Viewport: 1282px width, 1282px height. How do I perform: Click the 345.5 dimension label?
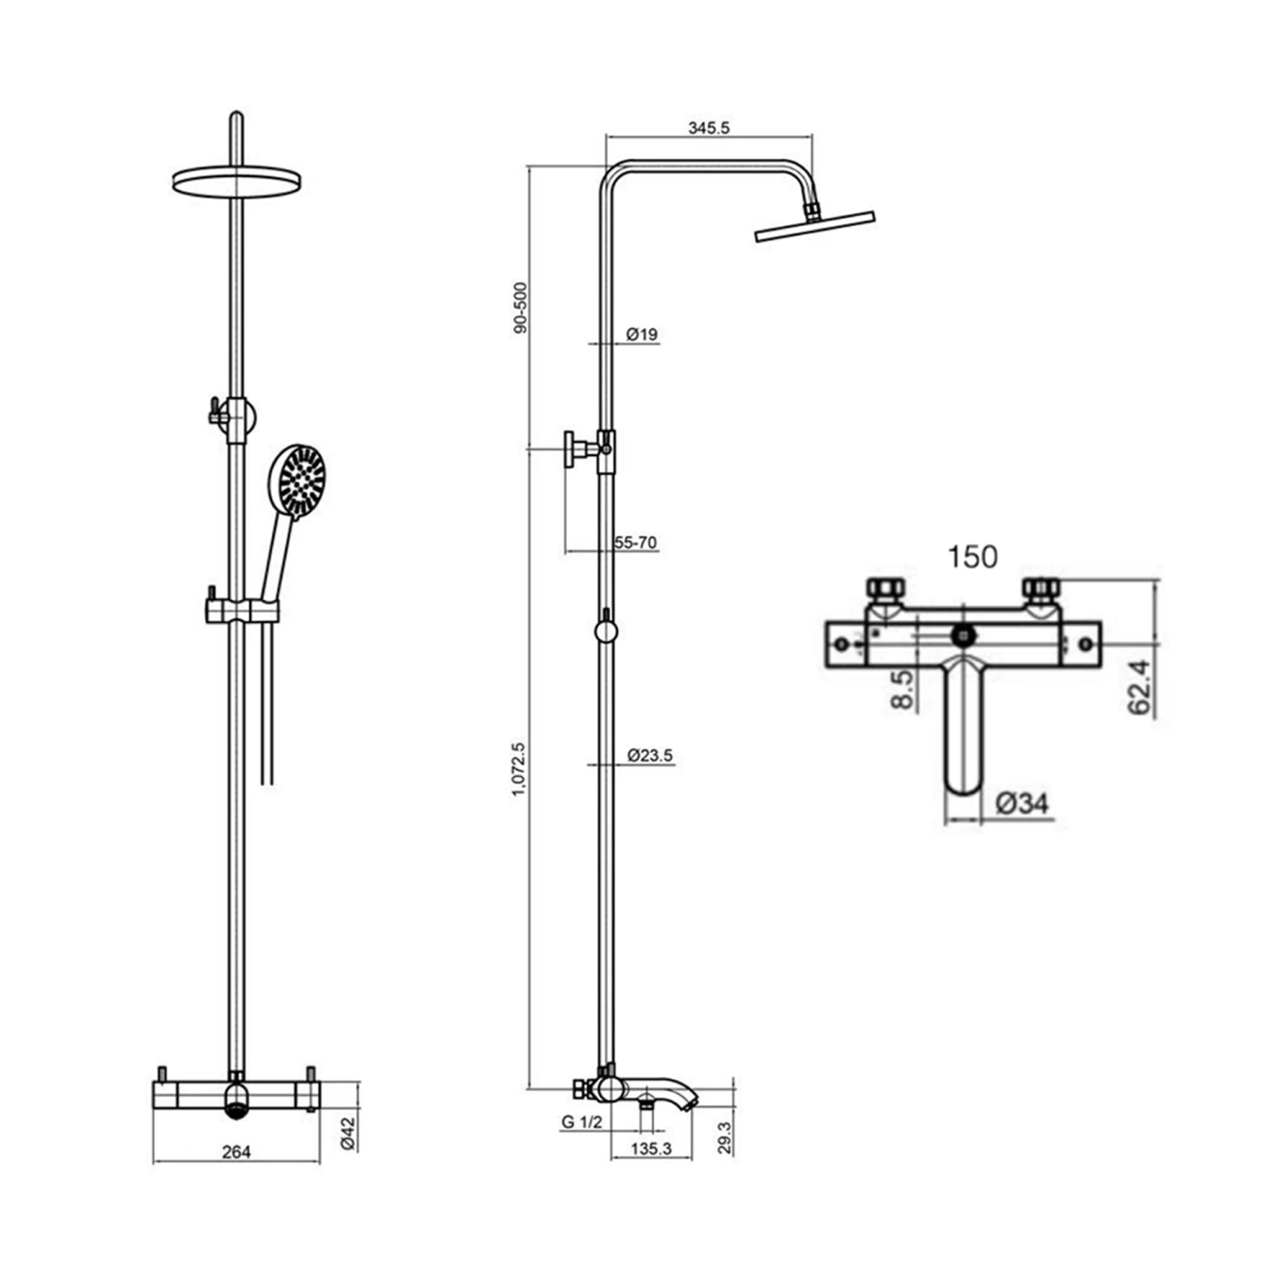709,129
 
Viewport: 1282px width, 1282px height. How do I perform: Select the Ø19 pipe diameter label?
642,334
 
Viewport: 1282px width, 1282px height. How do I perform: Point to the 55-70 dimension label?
635,543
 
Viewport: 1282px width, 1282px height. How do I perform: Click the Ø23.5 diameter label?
650,756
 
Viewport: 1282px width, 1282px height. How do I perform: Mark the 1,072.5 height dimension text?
518,771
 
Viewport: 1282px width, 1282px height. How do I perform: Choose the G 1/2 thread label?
582,1123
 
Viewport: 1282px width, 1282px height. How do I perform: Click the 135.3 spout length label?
651,1150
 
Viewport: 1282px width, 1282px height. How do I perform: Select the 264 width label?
236,1152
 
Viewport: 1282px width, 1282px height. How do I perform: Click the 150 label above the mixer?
972,557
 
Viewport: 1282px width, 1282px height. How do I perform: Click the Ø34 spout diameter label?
1022,803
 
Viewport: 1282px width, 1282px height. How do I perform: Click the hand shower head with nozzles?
297,480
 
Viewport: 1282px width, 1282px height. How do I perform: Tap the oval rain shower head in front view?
237,181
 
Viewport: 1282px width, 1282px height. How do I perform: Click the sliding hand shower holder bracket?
242,610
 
